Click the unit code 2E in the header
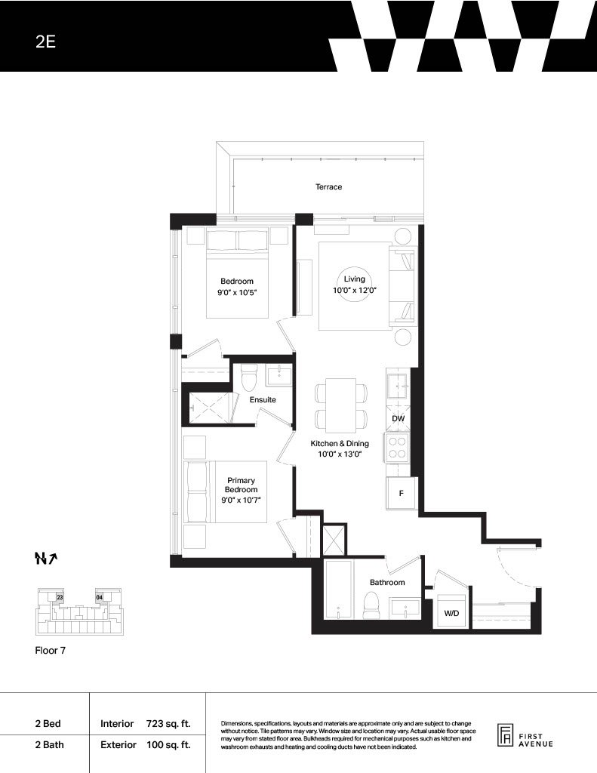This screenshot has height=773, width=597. tap(45, 42)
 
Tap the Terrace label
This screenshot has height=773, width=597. tap(329, 187)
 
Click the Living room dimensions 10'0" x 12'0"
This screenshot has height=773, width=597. tap(355, 291)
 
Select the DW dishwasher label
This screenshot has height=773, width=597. tap(399, 418)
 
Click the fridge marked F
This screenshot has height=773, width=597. tap(402, 493)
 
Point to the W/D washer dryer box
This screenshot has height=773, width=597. tap(451, 611)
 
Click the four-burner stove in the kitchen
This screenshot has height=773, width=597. tap(397, 448)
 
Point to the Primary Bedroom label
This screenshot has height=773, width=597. tap(241, 485)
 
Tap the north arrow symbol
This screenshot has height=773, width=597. tap(46, 558)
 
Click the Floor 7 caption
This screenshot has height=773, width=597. tap(51, 650)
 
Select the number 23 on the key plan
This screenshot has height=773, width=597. tap(60, 597)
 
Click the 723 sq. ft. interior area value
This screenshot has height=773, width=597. tap(168, 724)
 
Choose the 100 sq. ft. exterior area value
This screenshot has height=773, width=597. tap(168, 745)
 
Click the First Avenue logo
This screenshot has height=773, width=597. tap(525, 737)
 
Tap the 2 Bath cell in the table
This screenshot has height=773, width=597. tap(49, 744)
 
